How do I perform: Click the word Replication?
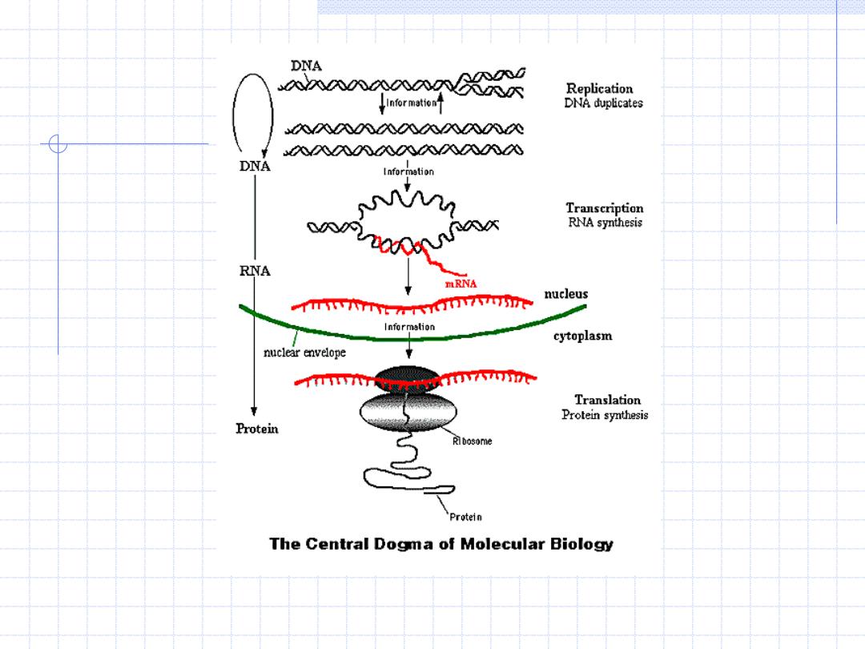point(600,89)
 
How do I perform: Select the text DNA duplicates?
point(604,103)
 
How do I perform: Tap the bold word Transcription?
point(605,208)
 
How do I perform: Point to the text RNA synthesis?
point(605,223)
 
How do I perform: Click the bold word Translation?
point(607,400)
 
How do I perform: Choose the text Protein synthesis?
point(605,414)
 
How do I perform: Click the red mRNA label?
point(461,284)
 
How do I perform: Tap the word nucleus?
point(566,294)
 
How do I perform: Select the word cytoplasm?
point(582,336)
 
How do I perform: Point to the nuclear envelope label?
point(304,352)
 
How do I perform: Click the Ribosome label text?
point(473,441)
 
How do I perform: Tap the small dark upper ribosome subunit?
point(408,379)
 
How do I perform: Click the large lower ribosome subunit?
point(408,411)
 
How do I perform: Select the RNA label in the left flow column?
point(255,271)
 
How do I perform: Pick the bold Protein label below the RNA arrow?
point(257,429)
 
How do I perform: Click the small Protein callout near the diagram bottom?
point(465,517)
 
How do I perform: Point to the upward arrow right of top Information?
point(441,103)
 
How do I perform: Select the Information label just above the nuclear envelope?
point(409,327)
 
